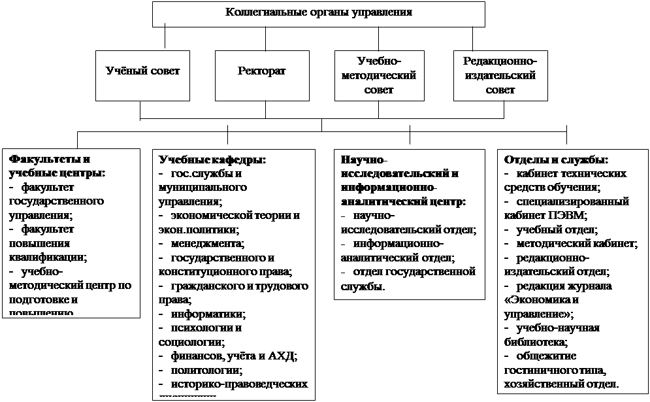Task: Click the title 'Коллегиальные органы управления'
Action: (319, 12)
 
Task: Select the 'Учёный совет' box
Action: (142, 70)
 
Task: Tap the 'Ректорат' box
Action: (261, 70)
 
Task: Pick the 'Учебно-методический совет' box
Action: (378, 75)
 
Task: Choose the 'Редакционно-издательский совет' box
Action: (500, 75)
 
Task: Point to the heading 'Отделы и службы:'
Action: (556, 159)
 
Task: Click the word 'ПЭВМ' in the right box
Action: (569, 215)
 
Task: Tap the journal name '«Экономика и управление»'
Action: (542, 307)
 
